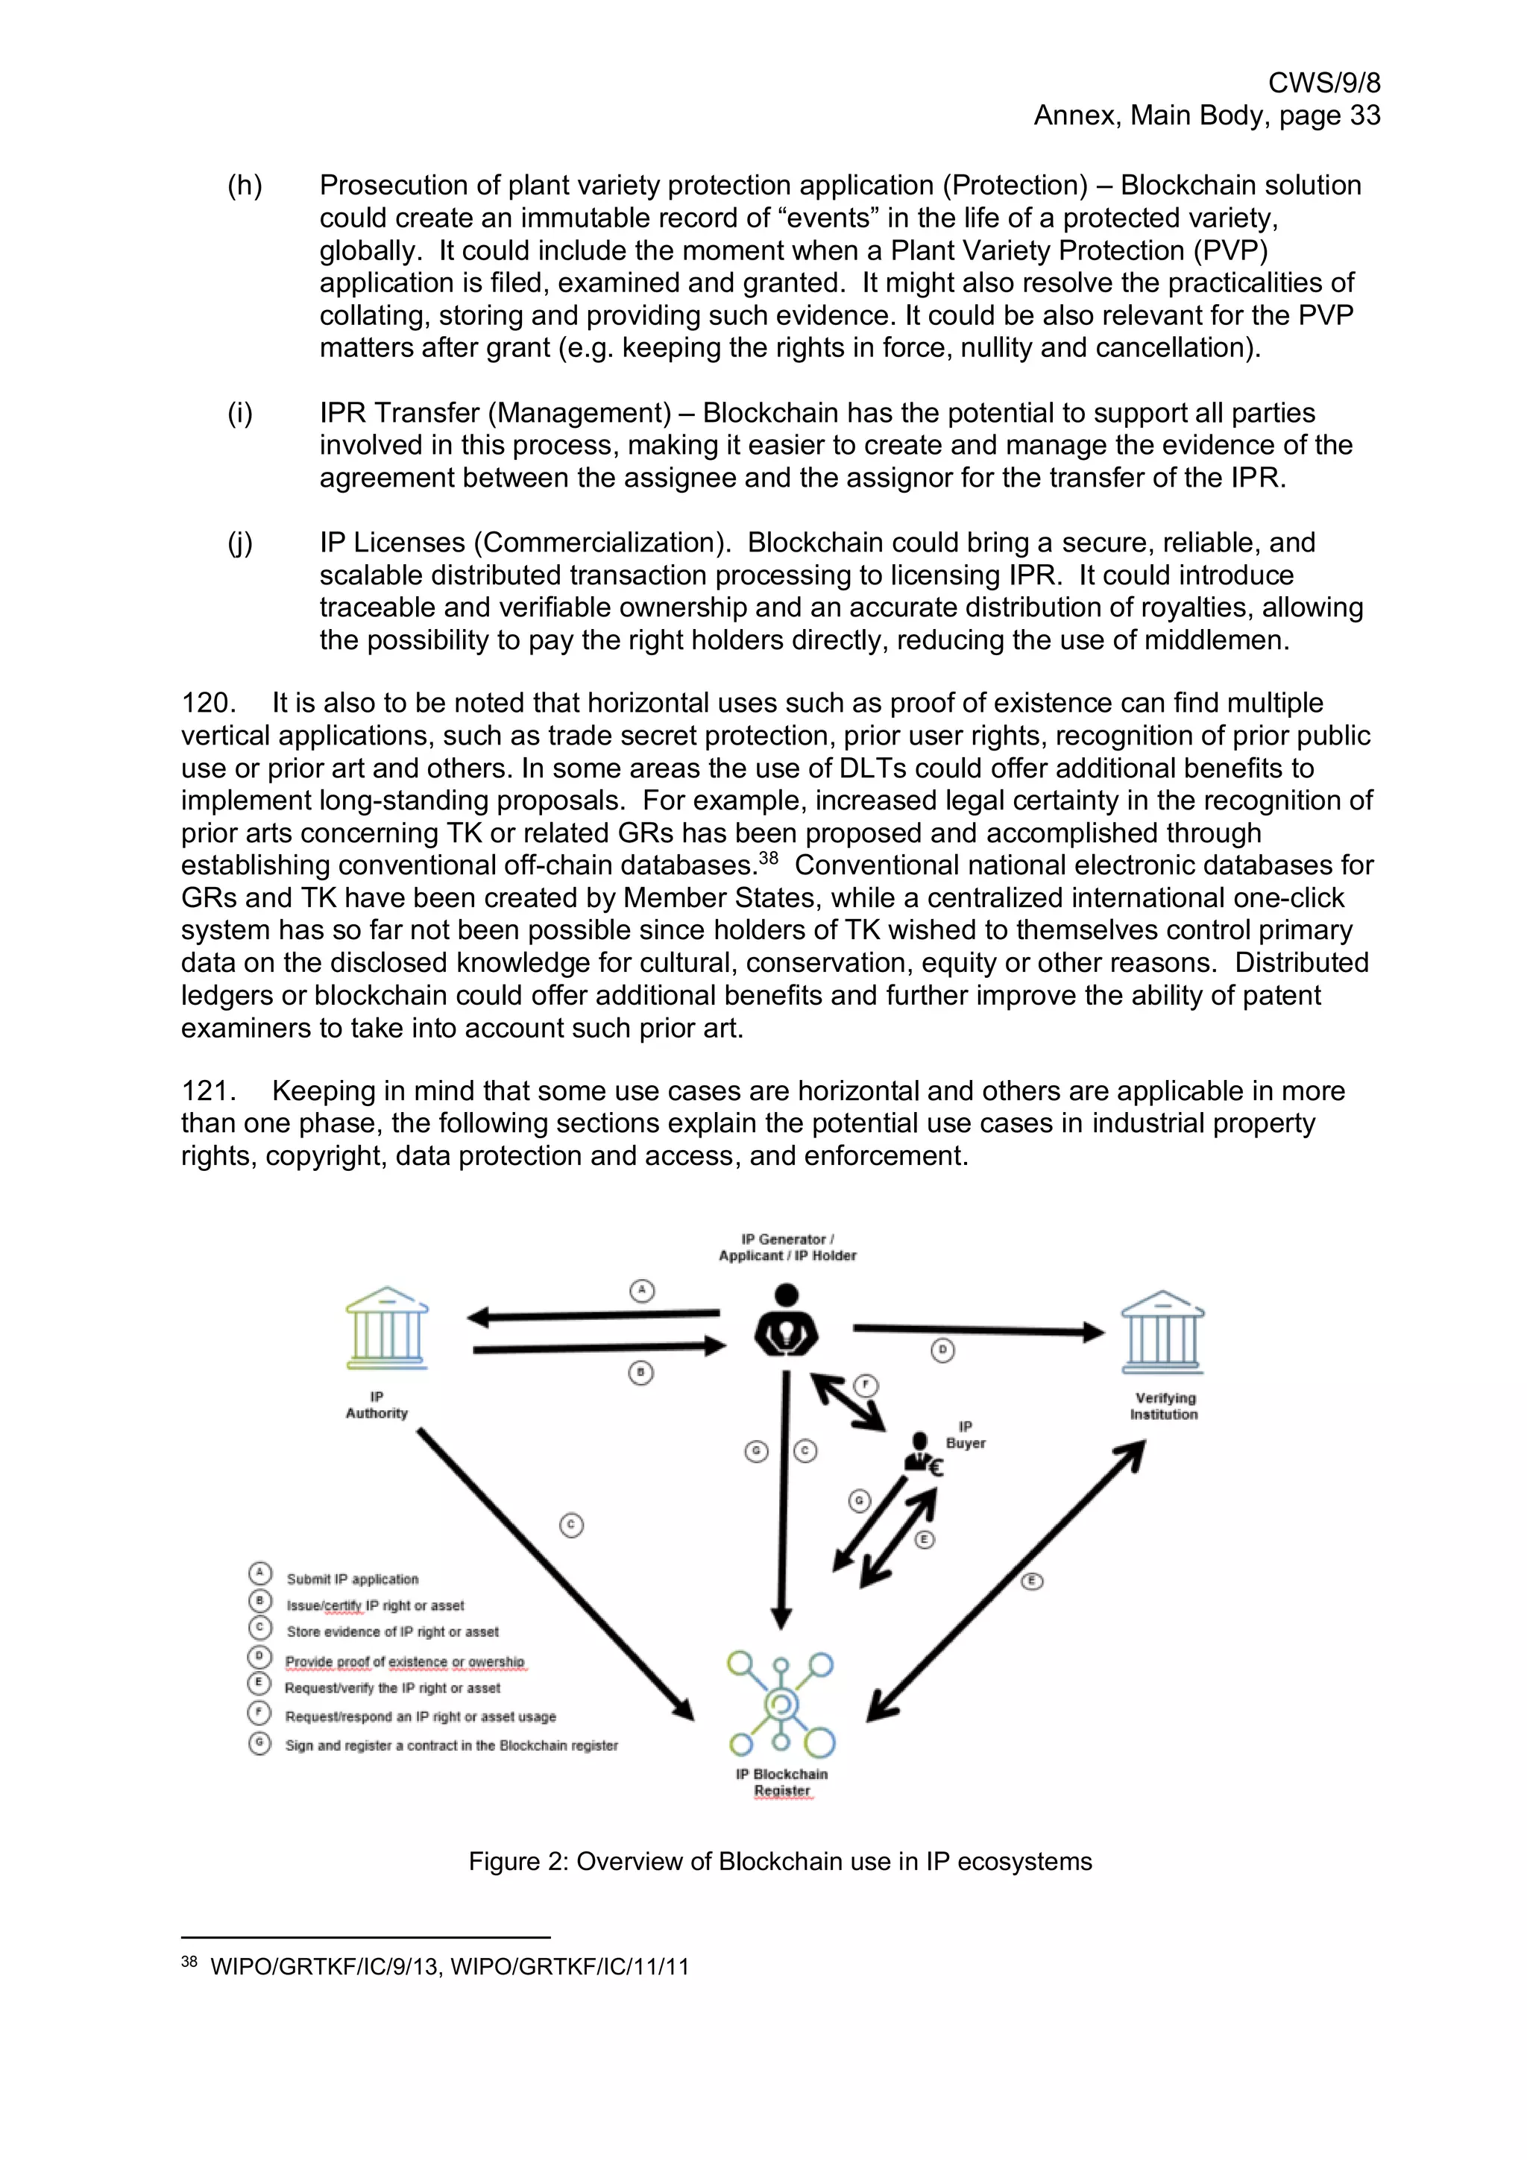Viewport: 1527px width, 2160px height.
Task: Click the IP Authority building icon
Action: pos(387,1328)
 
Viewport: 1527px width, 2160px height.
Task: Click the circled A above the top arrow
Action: pos(642,1291)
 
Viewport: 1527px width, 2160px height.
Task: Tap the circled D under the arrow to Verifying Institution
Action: pos(942,1351)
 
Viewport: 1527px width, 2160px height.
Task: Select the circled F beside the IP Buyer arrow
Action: pos(866,1386)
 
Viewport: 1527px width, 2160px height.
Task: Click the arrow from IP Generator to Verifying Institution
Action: pos(978,1330)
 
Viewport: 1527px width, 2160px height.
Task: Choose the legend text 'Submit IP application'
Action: pos(352,1579)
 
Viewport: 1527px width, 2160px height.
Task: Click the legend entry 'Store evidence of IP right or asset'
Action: pos(392,1632)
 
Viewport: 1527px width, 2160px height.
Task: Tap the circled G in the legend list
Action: pos(259,1743)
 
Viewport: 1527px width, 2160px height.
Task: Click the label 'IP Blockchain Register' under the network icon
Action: pos(782,1782)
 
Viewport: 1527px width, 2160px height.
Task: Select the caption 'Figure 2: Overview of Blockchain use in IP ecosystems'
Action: pos(780,1862)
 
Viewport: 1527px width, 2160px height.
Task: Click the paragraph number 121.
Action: pos(207,1091)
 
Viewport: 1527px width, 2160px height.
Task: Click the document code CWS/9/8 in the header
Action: pos(1323,83)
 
